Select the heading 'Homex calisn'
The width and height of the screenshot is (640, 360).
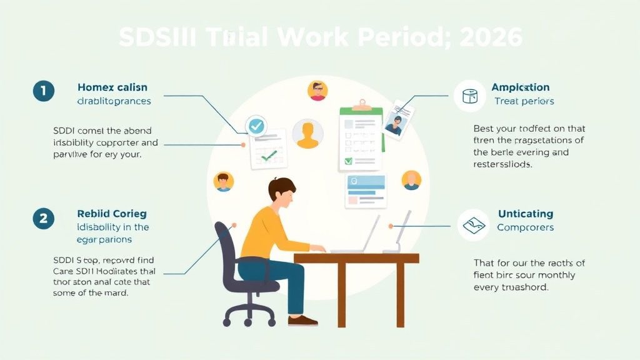click(x=112, y=87)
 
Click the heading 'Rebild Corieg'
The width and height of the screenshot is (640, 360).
click(x=112, y=214)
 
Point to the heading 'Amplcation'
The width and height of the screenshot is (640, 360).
click(x=521, y=87)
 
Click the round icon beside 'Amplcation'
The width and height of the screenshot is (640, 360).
click(x=470, y=96)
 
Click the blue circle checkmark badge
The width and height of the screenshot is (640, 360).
click(x=256, y=126)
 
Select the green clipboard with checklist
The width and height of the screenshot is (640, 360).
click(x=360, y=137)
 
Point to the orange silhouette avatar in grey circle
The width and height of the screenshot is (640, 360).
click(x=307, y=134)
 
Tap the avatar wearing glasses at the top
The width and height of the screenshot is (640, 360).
click(x=317, y=91)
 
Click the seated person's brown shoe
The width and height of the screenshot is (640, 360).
click(x=302, y=321)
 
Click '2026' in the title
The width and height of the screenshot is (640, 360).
click(x=491, y=37)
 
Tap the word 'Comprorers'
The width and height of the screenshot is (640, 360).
click(x=525, y=227)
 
